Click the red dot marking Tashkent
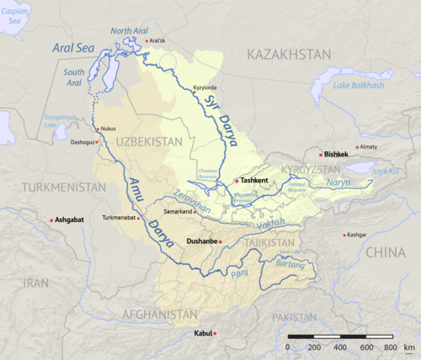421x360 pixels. [237, 180]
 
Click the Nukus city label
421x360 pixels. [109, 130]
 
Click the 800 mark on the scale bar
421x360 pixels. [390, 347]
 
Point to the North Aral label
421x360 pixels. [126, 32]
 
